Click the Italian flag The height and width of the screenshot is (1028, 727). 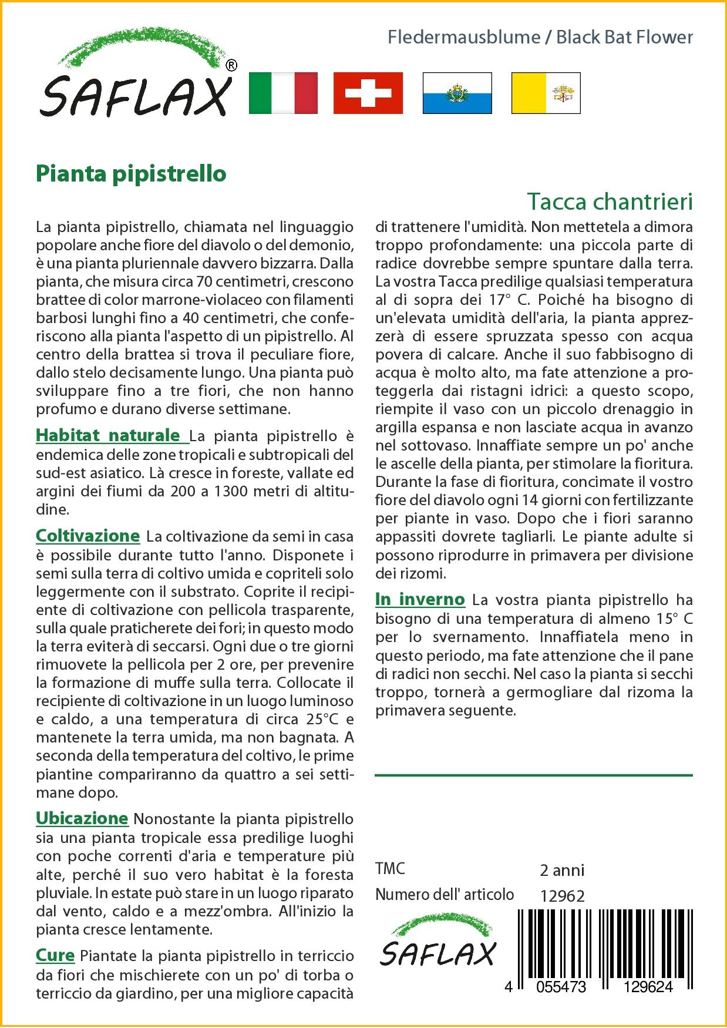(283, 93)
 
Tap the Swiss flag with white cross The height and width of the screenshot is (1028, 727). (368, 93)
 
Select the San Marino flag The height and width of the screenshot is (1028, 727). (457, 93)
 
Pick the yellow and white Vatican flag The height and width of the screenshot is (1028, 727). (546, 93)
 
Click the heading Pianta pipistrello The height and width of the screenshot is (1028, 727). (131, 174)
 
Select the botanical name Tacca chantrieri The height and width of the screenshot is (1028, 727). (610, 201)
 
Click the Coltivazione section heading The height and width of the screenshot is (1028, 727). (87, 536)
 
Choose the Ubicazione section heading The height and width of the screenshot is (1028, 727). (82, 818)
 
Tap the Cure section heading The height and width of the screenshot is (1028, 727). (55, 955)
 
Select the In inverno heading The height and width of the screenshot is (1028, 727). (420, 600)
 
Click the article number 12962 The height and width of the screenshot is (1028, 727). (562, 896)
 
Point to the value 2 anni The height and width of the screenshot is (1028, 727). (562, 870)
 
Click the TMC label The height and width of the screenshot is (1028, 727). (390, 869)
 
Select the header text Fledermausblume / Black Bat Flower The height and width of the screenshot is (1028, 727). (540, 38)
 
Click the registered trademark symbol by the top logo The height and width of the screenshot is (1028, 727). (231, 66)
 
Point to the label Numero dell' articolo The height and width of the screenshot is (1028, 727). (445, 895)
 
